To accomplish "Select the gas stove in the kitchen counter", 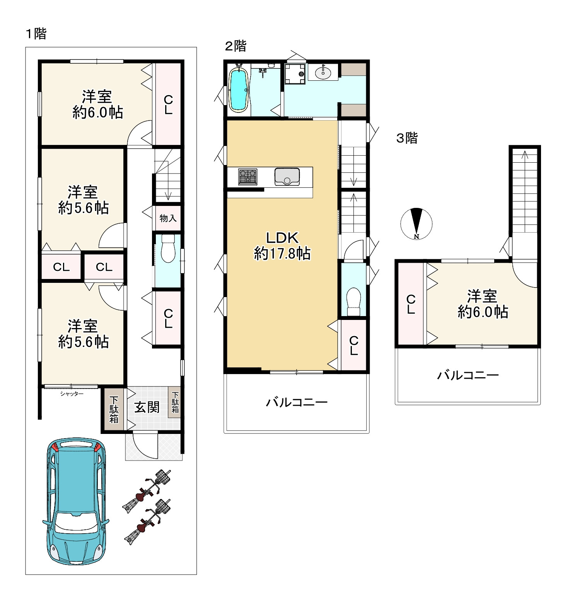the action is coord(248,177).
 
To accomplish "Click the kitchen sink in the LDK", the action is coord(287,177).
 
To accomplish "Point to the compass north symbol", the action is coord(416,224).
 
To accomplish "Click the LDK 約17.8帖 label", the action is coord(282,246).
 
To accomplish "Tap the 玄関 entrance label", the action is coord(147,407).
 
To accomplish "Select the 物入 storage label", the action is coord(168,218).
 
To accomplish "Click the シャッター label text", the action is coord(72,394).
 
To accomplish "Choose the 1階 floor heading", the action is coord(36,34).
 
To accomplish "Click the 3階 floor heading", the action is coord(407,138).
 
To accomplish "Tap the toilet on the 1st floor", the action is coord(168,248).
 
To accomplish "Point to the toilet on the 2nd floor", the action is coord(353,302).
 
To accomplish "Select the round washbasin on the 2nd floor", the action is coord(323,72).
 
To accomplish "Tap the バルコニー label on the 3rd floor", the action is coord(468,375).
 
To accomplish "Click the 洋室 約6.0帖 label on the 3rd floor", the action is coord(483,304).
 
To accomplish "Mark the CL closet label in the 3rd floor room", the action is coord(411,304).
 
